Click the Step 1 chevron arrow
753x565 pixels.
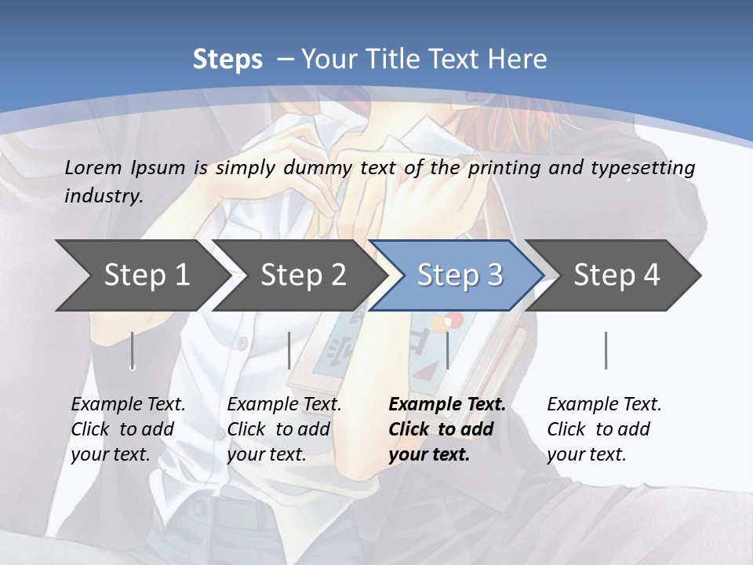click(141, 275)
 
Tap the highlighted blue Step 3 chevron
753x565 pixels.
click(459, 275)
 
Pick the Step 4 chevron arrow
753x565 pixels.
click(616, 275)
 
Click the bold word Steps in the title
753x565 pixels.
click(227, 60)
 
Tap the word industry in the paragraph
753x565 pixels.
click(103, 195)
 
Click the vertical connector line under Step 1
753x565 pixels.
click(133, 350)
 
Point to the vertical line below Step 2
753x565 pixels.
click(289, 350)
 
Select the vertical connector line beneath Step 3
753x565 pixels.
click(447, 350)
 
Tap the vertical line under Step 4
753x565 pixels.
click(606, 350)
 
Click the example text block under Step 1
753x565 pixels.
click(128, 429)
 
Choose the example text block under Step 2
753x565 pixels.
click(284, 429)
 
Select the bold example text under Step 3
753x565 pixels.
click(446, 429)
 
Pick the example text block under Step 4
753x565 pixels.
click(604, 429)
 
